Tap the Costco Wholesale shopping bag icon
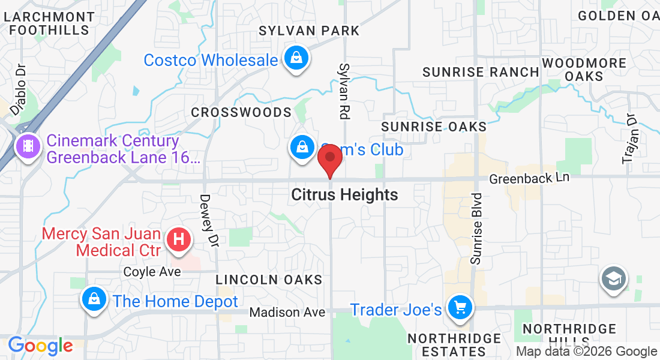pyautogui.click(x=296, y=59)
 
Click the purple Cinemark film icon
pyautogui.click(x=28, y=145)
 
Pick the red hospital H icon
pyautogui.click(x=178, y=240)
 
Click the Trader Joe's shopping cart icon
pyautogui.click(x=461, y=308)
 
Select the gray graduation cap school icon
pyautogui.click(x=614, y=279)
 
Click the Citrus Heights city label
pyautogui.click(x=344, y=195)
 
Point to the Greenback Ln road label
pyautogui.click(x=528, y=179)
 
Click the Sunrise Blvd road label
pyautogui.click(x=476, y=229)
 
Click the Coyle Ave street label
pyautogui.click(x=152, y=272)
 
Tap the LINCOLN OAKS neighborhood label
pyautogui.click(x=269, y=280)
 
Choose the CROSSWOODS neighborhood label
pyautogui.click(x=241, y=113)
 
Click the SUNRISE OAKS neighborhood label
pyautogui.click(x=434, y=127)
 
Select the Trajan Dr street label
pyautogui.click(x=629, y=139)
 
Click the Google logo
pyautogui.click(x=40, y=346)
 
